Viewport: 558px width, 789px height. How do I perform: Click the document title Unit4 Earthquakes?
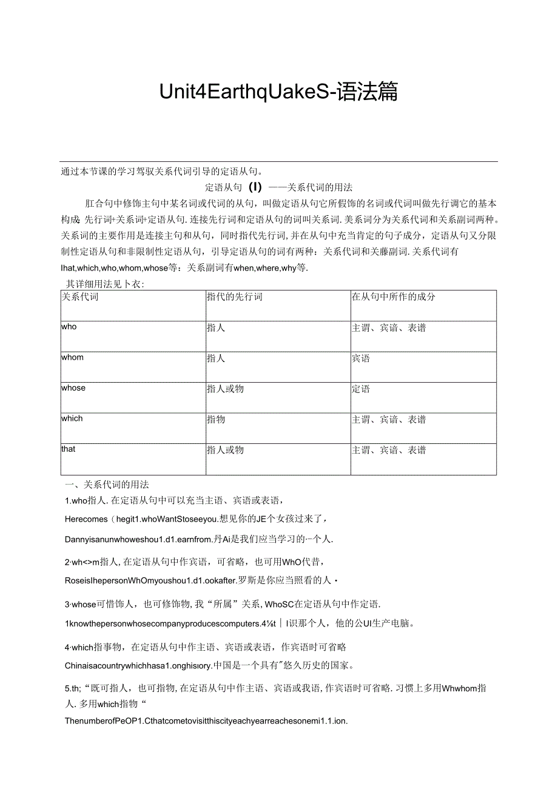[x=278, y=92]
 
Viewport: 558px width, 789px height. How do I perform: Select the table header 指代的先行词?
[x=234, y=297]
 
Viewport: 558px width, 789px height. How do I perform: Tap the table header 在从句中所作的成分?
[x=393, y=297]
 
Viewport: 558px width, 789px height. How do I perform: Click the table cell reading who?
[x=69, y=327]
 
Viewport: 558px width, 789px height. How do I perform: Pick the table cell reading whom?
[x=72, y=357]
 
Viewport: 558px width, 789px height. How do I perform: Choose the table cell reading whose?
[x=73, y=388]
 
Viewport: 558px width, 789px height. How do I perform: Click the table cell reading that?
[x=69, y=449]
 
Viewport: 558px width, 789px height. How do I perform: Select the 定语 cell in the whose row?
[x=361, y=389]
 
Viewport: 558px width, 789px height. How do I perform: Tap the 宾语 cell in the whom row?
[x=361, y=358]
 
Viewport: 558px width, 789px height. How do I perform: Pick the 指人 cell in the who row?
[x=216, y=328]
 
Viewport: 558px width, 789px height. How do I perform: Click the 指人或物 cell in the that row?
[x=225, y=450]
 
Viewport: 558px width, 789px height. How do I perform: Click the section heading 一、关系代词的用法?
[x=107, y=485]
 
